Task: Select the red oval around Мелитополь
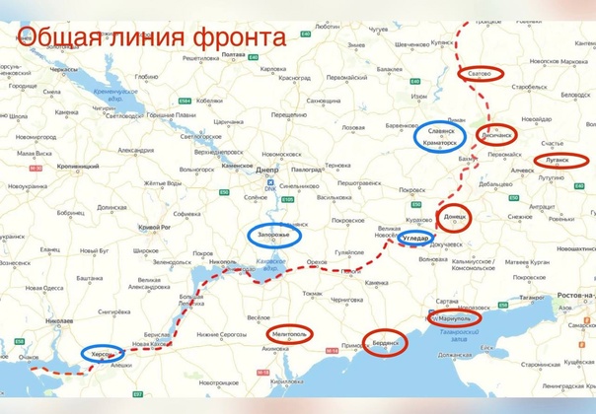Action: (292, 336)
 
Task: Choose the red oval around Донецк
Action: (455, 218)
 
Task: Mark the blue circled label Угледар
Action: (417, 239)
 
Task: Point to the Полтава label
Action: (234, 55)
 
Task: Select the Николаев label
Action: (59, 321)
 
